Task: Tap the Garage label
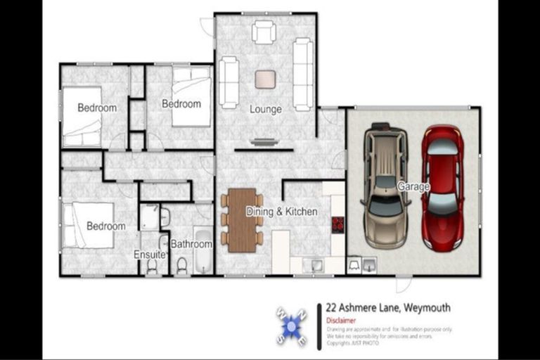pos(413,187)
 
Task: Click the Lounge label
pos(266,110)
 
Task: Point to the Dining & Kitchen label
pos(281,212)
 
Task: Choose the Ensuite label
pos(149,255)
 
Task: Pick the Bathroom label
pos(192,245)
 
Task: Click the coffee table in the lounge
pos(265,79)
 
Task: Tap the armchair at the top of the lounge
pos(264,32)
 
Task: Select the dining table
pos(242,219)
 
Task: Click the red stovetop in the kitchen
pos(337,224)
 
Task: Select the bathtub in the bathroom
pos(202,250)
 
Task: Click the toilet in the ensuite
pos(152,266)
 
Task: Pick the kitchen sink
pos(316,265)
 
